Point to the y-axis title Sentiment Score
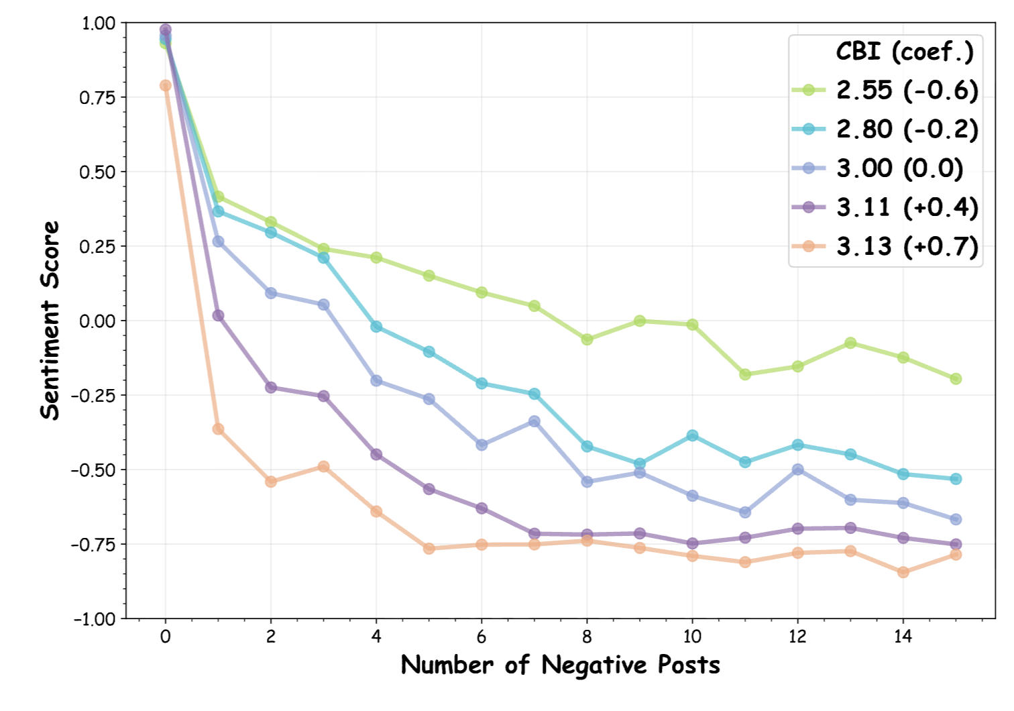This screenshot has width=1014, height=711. [x=50, y=320]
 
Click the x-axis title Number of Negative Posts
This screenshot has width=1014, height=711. [x=560, y=665]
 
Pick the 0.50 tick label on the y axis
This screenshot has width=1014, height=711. [x=97, y=172]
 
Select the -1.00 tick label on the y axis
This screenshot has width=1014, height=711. [x=95, y=618]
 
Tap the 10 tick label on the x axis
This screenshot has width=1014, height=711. [x=692, y=637]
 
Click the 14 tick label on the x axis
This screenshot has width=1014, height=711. [x=903, y=637]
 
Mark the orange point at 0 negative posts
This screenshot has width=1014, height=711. [x=166, y=85]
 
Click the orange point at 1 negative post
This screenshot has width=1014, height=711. [x=218, y=429]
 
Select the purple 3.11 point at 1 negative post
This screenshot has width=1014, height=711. [x=218, y=315]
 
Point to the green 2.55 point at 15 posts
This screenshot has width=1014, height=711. [x=956, y=379]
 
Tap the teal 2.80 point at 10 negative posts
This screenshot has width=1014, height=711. [x=692, y=436]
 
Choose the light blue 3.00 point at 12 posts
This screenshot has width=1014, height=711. [x=797, y=470]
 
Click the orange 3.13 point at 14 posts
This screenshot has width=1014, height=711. [x=903, y=572]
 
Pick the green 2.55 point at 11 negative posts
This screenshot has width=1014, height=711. [x=745, y=374]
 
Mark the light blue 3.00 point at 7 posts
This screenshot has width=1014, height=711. [x=534, y=421]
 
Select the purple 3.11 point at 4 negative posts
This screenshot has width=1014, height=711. [x=376, y=454]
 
